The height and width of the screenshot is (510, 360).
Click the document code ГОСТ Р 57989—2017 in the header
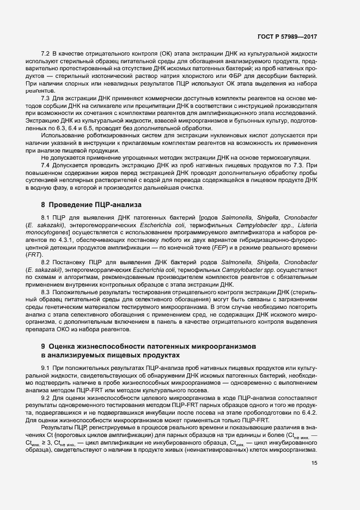[x=287, y=37]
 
